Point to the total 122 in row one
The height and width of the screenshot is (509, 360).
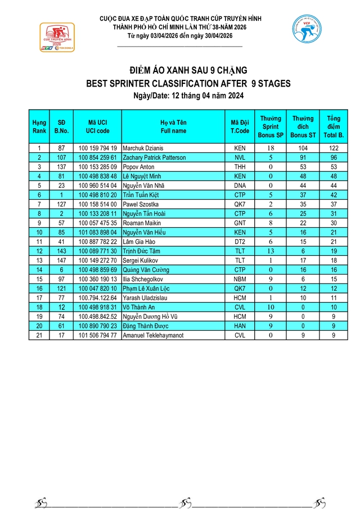click(x=333, y=148)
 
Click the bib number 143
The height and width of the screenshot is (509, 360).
click(x=61, y=251)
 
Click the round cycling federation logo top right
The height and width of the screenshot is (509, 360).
click(x=306, y=30)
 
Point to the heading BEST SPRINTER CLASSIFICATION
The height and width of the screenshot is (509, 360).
click(x=188, y=84)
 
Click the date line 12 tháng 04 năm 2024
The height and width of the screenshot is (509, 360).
click(x=187, y=96)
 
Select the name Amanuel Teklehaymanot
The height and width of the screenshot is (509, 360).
click(x=154, y=335)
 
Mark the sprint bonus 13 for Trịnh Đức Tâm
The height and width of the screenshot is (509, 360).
click(x=271, y=251)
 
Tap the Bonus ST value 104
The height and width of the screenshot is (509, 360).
click(x=303, y=148)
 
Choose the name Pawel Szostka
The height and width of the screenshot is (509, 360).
click(x=139, y=204)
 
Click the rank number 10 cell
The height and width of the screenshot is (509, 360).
click(x=39, y=232)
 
